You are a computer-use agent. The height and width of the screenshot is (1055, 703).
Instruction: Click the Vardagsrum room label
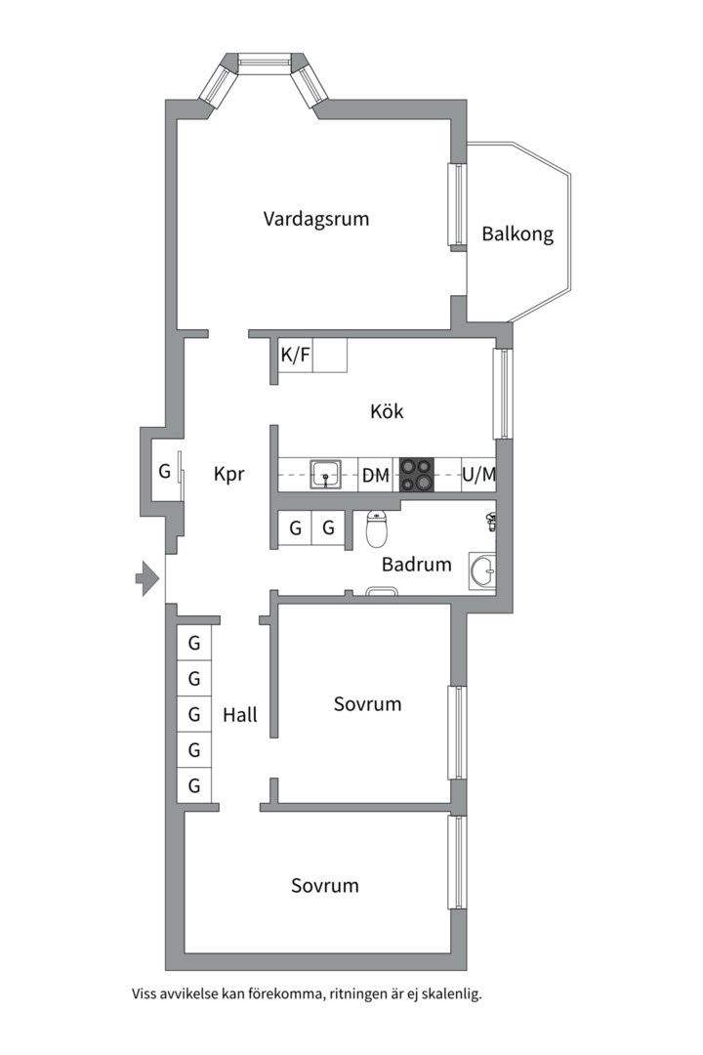click(316, 219)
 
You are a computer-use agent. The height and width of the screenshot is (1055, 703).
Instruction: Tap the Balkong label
click(517, 234)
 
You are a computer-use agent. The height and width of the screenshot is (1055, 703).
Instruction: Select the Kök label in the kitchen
click(387, 411)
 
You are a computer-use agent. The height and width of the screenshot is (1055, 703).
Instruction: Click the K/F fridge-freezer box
click(296, 356)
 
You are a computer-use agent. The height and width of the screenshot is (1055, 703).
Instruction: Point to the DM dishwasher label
click(376, 477)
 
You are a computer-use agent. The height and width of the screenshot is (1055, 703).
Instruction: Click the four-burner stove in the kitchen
click(416, 475)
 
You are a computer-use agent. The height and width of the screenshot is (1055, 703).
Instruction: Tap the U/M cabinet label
click(478, 476)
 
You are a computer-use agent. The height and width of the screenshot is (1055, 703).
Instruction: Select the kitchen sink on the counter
click(325, 475)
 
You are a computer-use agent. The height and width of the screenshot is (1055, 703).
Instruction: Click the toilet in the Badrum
click(378, 528)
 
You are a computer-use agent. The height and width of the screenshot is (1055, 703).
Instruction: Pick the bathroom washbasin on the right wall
click(482, 570)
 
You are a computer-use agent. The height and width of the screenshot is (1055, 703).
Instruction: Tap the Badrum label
click(417, 565)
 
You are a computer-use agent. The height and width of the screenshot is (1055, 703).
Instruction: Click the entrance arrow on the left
click(146, 578)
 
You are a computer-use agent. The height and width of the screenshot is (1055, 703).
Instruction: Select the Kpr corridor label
click(228, 475)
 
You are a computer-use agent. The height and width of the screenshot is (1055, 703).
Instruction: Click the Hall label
click(240, 715)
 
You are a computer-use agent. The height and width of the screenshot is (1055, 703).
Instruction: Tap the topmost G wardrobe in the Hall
click(194, 643)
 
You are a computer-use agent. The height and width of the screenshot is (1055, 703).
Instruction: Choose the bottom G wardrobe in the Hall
click(194, 785)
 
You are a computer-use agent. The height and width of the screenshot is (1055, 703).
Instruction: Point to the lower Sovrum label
click(325, 886)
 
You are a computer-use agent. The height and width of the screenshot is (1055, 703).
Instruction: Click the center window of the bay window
click(267, 61)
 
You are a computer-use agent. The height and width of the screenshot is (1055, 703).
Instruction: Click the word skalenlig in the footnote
click(447, 994)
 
